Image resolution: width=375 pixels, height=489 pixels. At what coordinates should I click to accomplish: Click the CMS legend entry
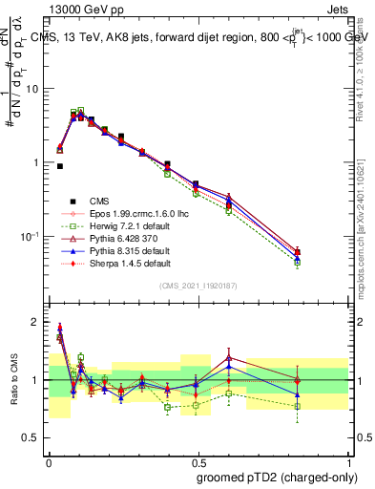[99, 201]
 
